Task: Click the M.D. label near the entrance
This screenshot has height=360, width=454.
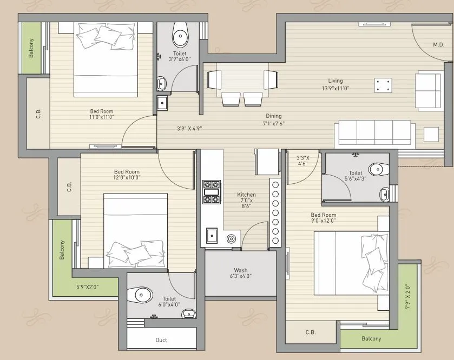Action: (x=438, y=44)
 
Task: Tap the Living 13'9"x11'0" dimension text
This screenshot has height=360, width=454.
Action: (x=335, y=84)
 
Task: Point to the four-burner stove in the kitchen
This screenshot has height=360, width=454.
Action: (x=211, y=192)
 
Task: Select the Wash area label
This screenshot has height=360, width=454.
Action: (x=241, y=273)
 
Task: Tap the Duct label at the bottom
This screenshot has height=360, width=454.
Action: (x=161, y=340)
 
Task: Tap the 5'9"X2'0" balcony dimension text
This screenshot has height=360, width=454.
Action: (x=87, y=287)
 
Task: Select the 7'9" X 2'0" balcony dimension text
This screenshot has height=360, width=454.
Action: (x=407, y=296)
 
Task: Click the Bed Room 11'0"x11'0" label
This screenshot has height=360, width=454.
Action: (x=101, y=114)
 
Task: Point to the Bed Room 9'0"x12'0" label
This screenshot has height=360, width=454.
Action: (x=323, y=217)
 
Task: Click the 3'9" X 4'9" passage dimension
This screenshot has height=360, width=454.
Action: (x=189, y=129)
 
